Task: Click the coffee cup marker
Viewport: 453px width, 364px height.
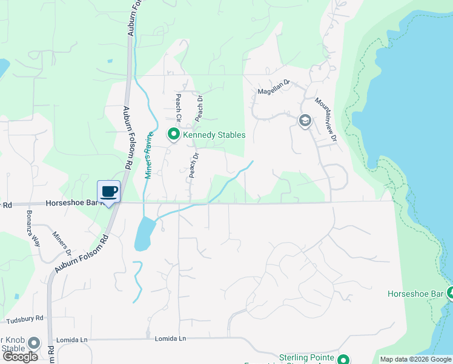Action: pos(109,192)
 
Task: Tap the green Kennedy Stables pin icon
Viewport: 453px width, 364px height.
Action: pos(173,134)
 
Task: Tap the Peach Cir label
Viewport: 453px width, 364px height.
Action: pos(179,107)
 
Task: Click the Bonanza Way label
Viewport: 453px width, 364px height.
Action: pos(32,228)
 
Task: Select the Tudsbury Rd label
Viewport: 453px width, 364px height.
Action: pos(22,318)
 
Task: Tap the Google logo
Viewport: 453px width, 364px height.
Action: pos(21,357)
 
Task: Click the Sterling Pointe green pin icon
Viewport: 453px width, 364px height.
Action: pos(344,359)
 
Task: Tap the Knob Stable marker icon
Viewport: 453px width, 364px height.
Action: pos(35,343)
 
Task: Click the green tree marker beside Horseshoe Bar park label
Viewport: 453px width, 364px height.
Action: pos(450,294)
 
